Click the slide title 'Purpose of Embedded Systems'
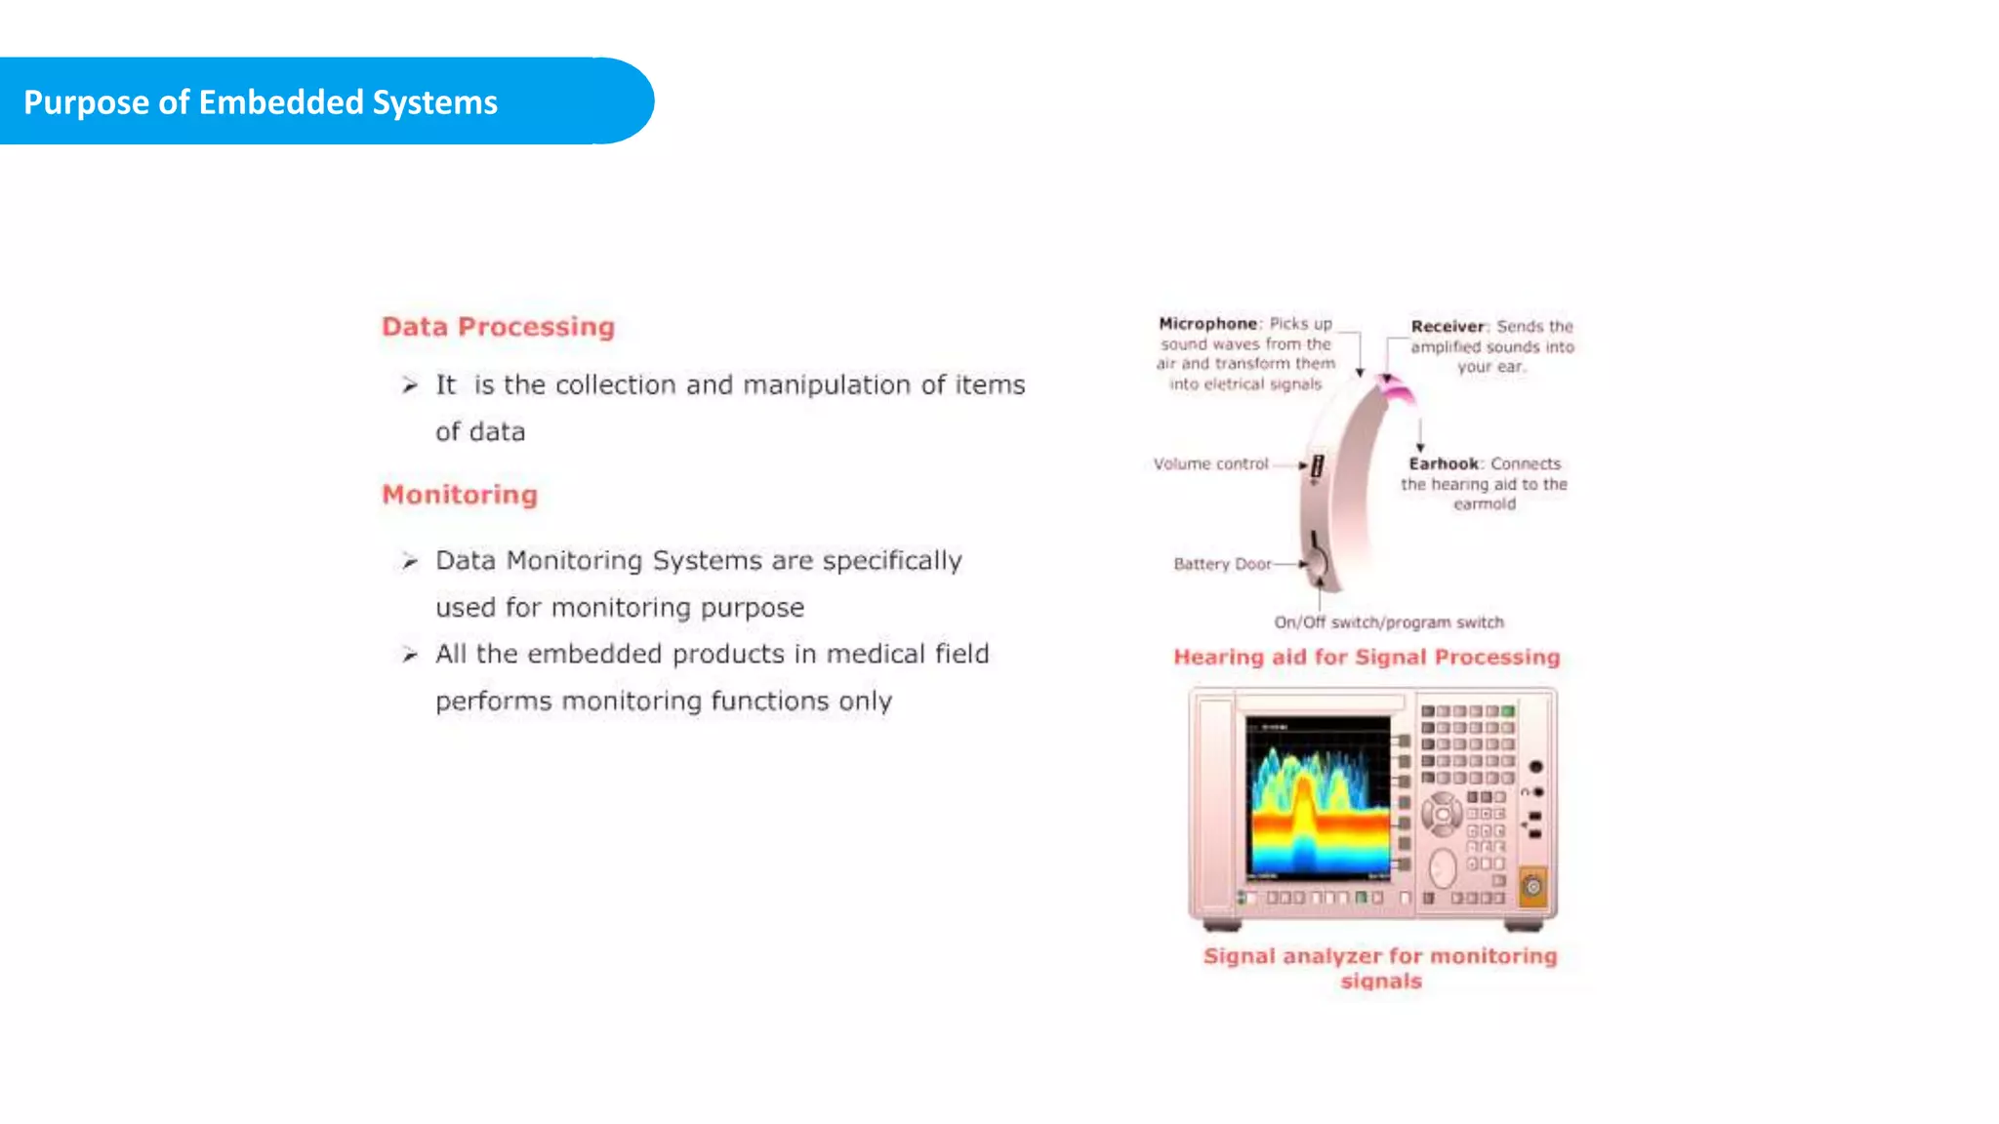click(x=261, y=102)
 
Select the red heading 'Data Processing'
click(x=498, y=327)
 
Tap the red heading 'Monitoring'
click(x=460, y=495)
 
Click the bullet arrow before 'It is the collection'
click(x=410, y=385)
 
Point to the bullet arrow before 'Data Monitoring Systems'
click(x=410, y=561)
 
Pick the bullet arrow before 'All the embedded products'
click(x=410, y=655)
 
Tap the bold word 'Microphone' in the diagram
click(x=1207, y=324)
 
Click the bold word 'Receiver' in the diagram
click(x=1447, y=327)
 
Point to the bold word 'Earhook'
click(x=1444, y=464)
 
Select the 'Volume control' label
click(x=1210, y=464)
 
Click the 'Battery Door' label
click(x=1222, y=564)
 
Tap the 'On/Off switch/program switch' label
click(x=1388, y=622)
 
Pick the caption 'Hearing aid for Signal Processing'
click(x=1367, y=658)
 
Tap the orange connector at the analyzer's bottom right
click(x=1532, y=887)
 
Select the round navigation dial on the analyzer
click(x=1441, y=814)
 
